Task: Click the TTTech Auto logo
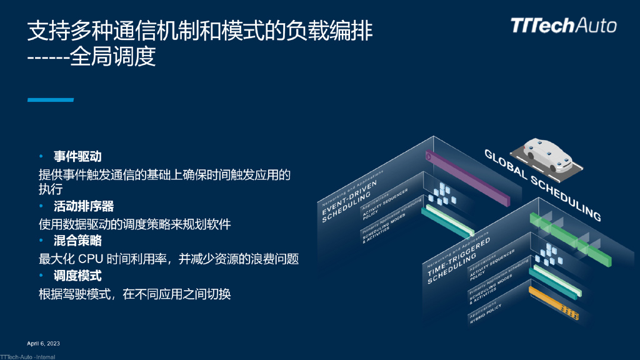563,26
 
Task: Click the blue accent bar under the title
50,100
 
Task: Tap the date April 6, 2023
43,344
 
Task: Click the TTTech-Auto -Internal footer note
27,357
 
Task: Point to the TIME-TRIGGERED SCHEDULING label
451,261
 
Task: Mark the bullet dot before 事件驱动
41,156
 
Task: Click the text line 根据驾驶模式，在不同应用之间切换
135,293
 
